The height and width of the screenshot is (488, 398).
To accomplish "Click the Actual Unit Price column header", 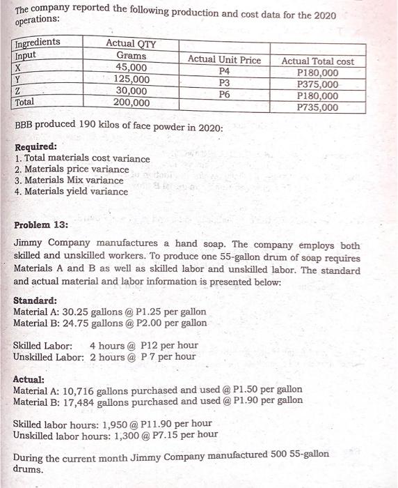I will click(224, 60).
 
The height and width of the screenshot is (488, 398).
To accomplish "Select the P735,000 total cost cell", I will click(317, 107).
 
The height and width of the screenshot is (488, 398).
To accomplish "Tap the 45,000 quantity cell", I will click(132, 68).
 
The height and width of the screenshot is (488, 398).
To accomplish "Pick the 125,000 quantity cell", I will click(132, 79).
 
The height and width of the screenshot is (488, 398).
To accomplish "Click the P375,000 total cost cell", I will click(317, 84).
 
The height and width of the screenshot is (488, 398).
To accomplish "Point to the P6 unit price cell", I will click(224, 95).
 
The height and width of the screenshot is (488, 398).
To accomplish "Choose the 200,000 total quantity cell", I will click(132, 102).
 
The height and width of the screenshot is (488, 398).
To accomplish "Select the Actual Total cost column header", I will click(317, 61).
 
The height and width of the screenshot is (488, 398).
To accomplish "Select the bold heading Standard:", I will click(35, 300).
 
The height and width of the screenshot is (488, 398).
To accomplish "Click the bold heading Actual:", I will click(29, 379).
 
